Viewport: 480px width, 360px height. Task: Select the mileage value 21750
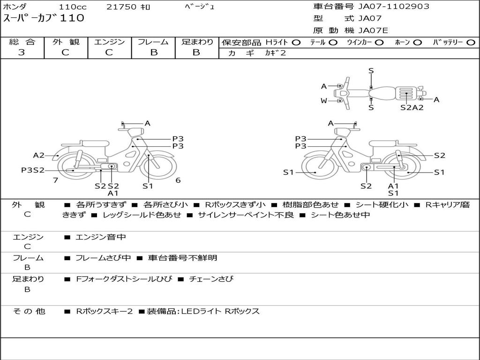tap(121, 7)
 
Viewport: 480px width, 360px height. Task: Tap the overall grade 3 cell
tap(22, 52)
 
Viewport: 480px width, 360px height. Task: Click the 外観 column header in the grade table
tap(66, 42)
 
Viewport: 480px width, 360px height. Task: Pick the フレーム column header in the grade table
tap(153, 42)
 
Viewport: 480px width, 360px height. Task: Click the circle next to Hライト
tap(296, 42)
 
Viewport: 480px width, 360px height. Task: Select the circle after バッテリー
tap(470, 42)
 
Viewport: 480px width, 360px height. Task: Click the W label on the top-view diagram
tap(324, 101)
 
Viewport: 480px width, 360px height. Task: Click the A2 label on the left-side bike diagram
tap(38, 156)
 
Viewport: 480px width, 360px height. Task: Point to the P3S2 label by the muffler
tap(32, 170)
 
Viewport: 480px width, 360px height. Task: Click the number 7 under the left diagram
tap(55, 180)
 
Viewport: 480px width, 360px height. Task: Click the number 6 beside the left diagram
tap(178, 180)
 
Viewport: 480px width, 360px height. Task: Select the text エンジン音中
tap(101, 237)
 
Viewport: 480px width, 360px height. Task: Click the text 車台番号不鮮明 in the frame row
tap(182, 258)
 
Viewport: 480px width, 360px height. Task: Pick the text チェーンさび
tap(211, 279)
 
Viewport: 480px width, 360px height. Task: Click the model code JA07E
tap(373, 31)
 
